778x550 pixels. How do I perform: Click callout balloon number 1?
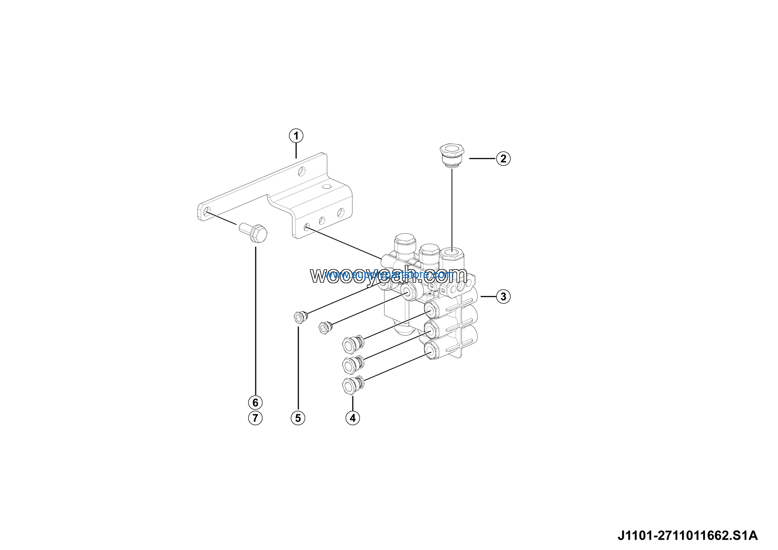296,136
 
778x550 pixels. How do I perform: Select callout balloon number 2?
503,158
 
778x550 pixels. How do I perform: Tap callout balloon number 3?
503,296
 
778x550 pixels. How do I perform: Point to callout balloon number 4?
353,418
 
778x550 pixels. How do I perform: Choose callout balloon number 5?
298,418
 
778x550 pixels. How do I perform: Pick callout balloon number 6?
255,402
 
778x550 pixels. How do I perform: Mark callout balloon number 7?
255,418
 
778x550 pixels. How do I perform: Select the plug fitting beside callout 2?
452,155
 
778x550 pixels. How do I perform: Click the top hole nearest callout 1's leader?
301,171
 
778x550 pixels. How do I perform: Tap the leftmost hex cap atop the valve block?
404,242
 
